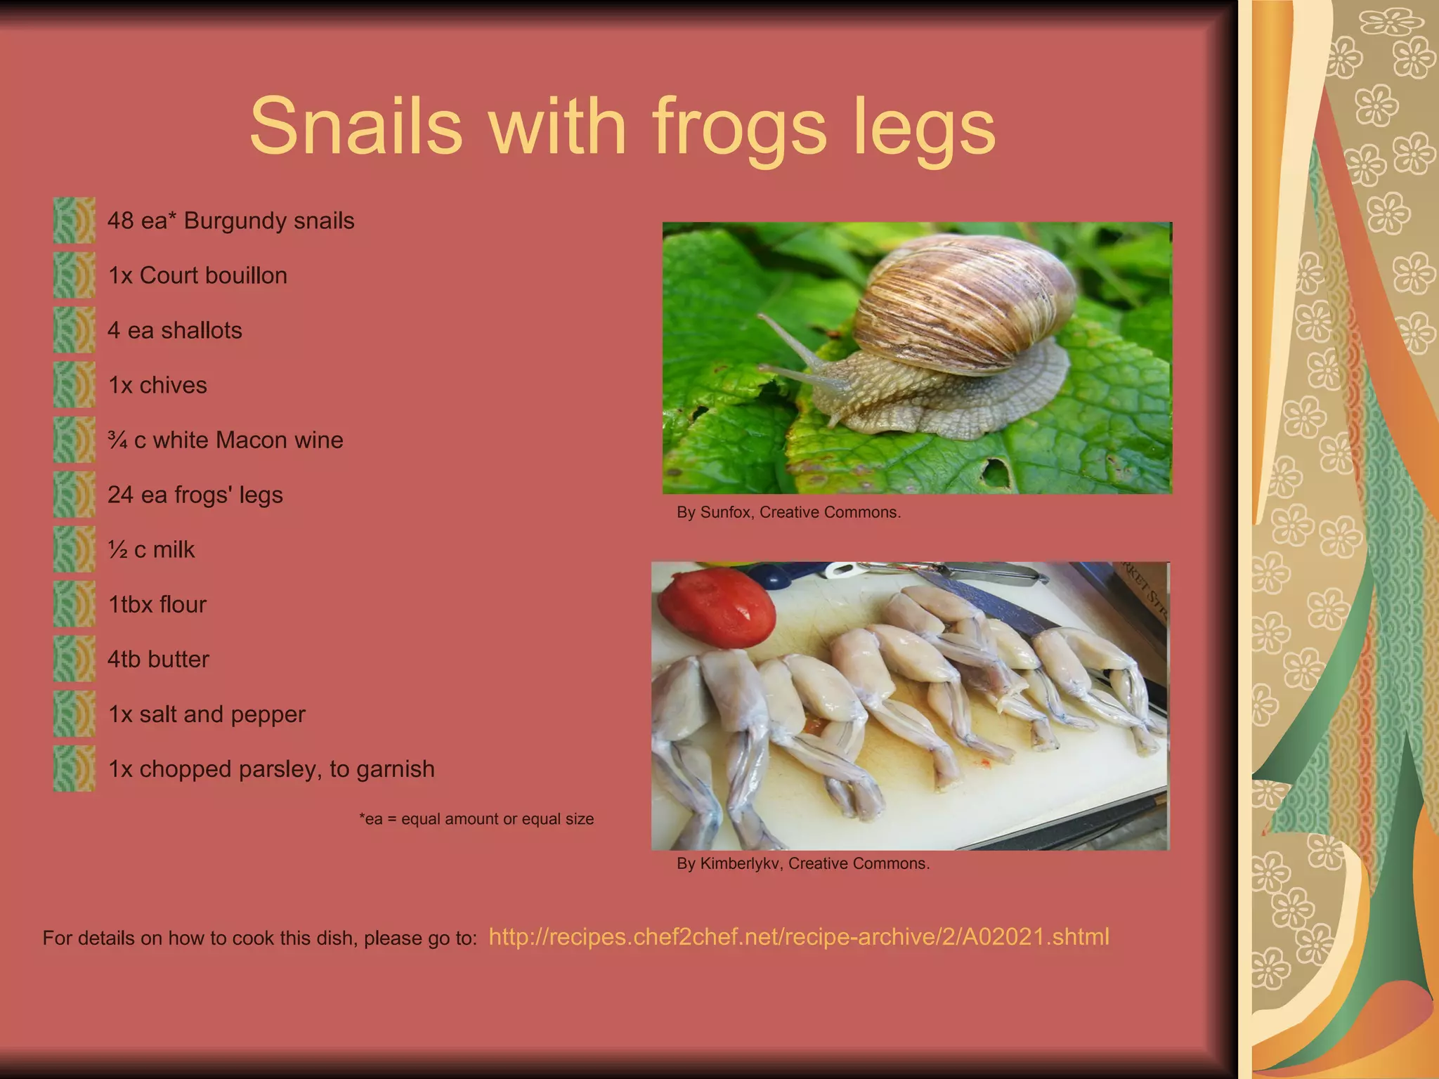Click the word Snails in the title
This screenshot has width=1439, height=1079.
tap(356, 126)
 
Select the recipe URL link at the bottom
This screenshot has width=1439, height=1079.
tap(798, 937)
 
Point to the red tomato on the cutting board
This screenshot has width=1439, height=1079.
tap(717, 608)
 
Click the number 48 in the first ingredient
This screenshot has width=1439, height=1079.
tap(120, 221)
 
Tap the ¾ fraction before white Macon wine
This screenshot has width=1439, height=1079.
tap(117, 440)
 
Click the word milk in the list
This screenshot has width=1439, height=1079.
tap(174, 549)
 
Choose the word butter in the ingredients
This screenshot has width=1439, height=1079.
tap(178, 659)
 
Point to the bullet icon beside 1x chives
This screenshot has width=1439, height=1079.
tap(74, 385)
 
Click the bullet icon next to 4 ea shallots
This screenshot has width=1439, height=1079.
tap(74, 330)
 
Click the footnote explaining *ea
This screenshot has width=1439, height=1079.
tap(476, 819)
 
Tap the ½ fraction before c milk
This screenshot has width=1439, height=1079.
tap(117, 549)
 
